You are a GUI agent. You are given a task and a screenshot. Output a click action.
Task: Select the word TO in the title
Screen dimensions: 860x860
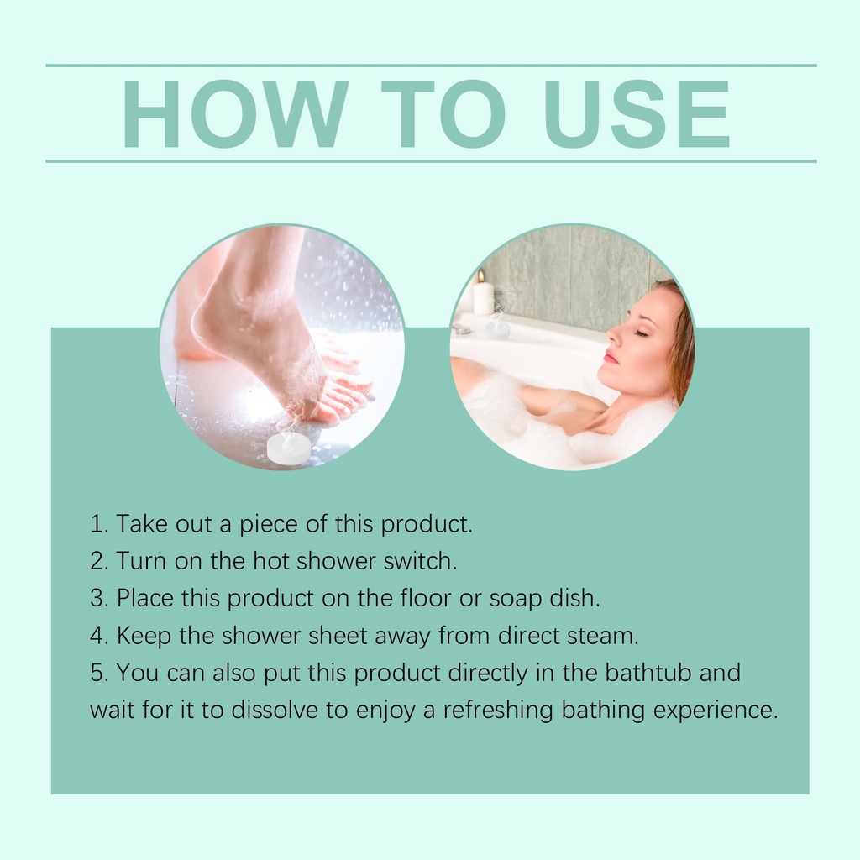click(443, 114)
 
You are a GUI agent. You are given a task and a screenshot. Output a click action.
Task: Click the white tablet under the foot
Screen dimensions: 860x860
click(289, 448)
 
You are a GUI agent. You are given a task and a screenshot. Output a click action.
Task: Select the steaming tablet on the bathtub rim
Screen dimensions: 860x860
click(497, 329)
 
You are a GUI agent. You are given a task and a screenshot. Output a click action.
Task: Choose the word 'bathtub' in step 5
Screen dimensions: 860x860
click(648, 673)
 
